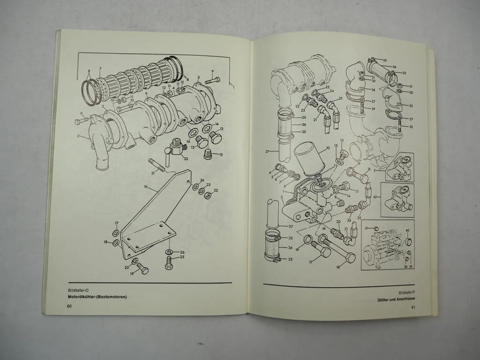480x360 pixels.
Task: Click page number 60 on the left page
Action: tap(69, 306)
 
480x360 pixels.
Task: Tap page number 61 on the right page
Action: tap(413, 308)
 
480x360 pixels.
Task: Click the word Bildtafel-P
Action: tap(406, 293)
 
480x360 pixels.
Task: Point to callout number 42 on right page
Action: tap(375, 197)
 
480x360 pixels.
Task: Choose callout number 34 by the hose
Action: tap(394, 67)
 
